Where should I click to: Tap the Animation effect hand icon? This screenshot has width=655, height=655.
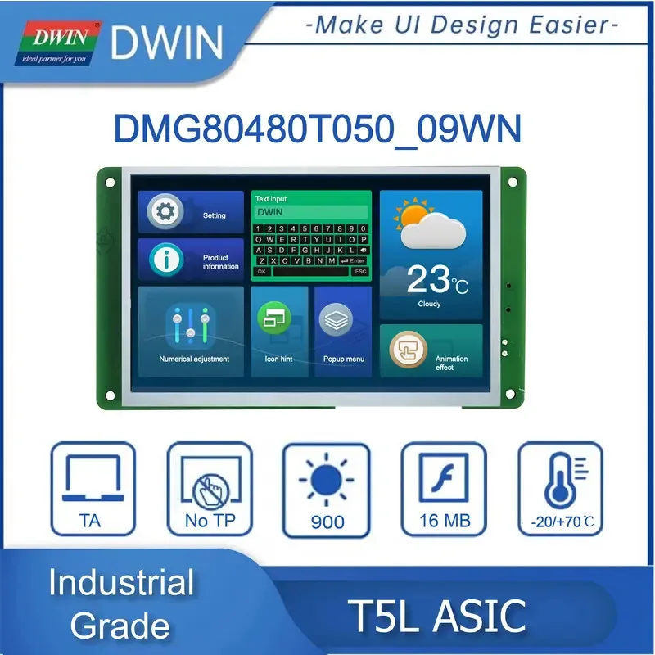point(407,350)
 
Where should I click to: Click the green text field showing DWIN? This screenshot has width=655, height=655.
point(310,211)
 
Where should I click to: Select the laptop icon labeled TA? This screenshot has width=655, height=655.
point(90,479)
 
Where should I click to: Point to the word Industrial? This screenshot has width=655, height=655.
point(120,584)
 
